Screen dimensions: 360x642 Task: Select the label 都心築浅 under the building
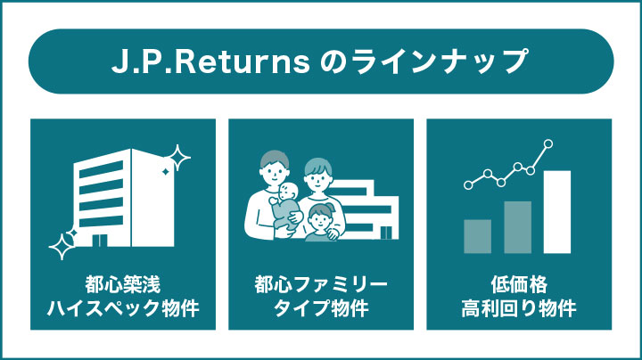(123, 287)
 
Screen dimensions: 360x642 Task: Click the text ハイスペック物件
(123, 311)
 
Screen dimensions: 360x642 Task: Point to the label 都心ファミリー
(321, 287)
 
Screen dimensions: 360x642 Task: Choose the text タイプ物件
(321, 311)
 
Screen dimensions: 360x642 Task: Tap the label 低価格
(519, 287)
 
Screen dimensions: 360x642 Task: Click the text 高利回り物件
(519, 311)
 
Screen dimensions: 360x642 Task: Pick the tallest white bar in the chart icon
(556, 212)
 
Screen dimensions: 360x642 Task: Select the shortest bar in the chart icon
(478, 236)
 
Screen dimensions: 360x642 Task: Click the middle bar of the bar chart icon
(517, 227)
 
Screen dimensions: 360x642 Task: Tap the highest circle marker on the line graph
(547, 143)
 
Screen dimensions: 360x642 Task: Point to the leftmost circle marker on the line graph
(467, 185)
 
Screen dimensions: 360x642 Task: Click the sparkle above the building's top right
(177, 158)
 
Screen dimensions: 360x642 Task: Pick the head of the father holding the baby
(274, 165)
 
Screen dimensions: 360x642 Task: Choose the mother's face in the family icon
(317, 175)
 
